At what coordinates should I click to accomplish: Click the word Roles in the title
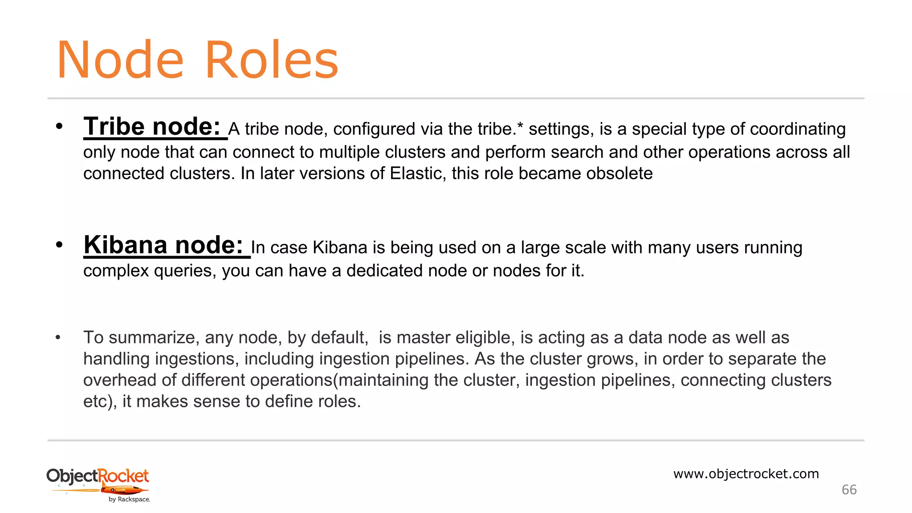coord(272,60)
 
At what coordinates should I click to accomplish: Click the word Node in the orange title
coord(120,60)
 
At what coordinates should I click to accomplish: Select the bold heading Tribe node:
coord(152,126)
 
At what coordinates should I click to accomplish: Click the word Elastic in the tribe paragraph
coord(417,173)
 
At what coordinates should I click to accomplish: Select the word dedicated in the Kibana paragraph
coord(384,270)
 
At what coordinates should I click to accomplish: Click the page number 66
coord(849,490)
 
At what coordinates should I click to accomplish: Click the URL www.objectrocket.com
coord(746,474)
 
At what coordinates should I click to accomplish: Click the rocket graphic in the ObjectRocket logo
coord(124,490)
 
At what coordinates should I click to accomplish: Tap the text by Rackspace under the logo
coord(129,500)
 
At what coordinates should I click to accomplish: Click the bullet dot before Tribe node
coord(59,126)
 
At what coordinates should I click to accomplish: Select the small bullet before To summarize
coord(58,338)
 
